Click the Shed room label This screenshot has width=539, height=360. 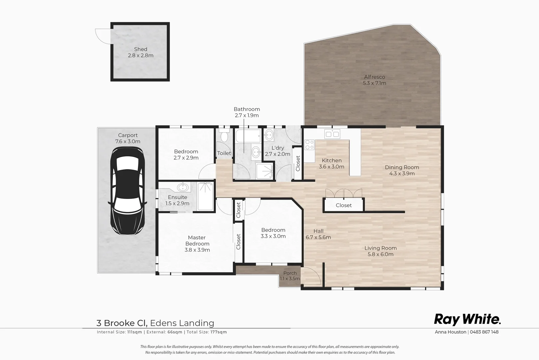(141, 49)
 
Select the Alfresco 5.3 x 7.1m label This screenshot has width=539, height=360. (374, 80)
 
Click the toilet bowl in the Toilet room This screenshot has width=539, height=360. (224, 136)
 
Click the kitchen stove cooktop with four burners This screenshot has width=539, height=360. (309, 145)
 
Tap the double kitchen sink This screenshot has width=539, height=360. (332, 134)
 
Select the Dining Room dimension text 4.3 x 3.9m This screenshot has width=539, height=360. (402, 174)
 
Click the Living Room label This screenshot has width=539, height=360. (380, 248)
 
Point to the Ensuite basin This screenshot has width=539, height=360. (183, 187)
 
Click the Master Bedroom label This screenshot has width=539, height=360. (197, 241)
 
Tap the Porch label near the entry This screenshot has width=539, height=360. (290, 273)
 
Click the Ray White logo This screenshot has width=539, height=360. (467, 320)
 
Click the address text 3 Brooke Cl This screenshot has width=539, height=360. (122, 323)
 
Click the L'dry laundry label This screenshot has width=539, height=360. (277, 148)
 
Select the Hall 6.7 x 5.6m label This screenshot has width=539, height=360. (318, 234)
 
